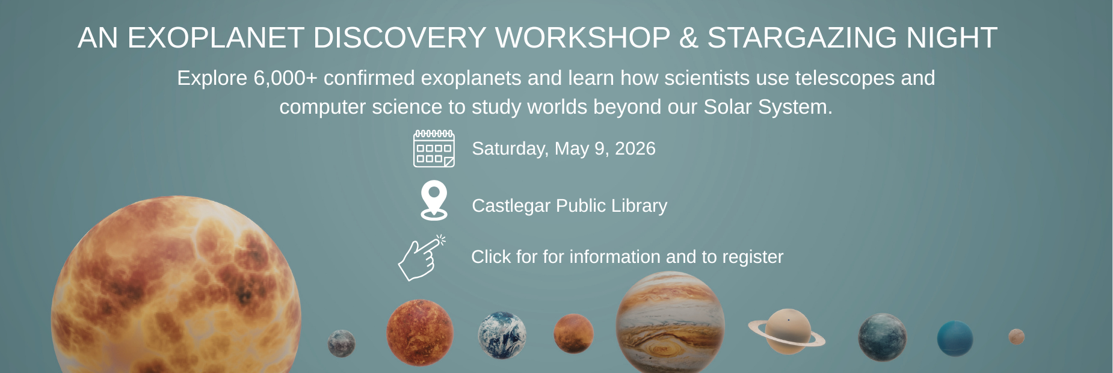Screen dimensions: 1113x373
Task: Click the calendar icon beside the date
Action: pos(434,149)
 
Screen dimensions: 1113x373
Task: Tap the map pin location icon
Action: pos(434,200)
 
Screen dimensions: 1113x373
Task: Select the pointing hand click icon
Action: pos(422,258)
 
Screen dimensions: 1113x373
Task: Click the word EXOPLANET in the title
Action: pos(216,38)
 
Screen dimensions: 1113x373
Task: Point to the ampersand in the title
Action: pos(688,38)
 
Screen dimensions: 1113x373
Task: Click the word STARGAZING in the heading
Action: pos(803,38)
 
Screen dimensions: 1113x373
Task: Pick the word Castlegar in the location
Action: pos(511,206)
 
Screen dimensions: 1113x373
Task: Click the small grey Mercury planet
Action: pos(341,344)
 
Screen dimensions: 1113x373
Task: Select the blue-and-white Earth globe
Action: pos(502,335)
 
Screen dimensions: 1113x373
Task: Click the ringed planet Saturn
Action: pos(787,332)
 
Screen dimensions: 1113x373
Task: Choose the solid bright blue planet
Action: pos(955,339)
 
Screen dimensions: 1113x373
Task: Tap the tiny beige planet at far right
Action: pos(1016,336)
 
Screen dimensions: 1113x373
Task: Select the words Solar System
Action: pos(768,107)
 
